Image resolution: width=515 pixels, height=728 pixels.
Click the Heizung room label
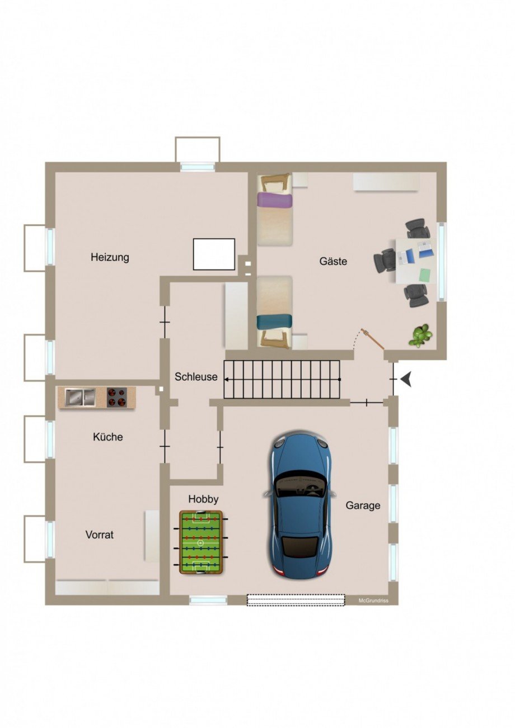click(x=110, y=257)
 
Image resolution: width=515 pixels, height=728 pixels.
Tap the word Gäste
click(x=333, y=261)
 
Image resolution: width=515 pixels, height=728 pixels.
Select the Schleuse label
click(x=196, y=377)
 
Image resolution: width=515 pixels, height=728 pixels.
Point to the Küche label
click(x=107, y=437)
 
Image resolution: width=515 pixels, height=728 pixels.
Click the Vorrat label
click(x=100, y=535)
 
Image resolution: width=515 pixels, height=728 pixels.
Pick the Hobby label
click(x=203, y=499)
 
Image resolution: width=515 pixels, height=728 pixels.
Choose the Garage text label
click(x=363, y=505)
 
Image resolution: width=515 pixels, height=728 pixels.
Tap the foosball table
click(x=201, y=542)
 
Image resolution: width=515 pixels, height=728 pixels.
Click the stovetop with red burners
click(x=117, y=398)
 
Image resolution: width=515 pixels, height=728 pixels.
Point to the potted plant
click(x=420, y=335)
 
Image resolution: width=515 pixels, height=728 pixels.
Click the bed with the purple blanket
click(x=275, y=210)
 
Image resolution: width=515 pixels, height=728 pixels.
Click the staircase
click(x=282, y=380)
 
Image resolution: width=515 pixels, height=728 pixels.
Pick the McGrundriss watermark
click(x=373, y=601)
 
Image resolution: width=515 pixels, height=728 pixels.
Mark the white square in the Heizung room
click(x=214, y=254)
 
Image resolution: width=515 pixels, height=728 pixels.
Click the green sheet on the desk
click(x=426, y=274)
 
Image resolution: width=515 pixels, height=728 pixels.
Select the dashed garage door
click(x=296, y=600)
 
